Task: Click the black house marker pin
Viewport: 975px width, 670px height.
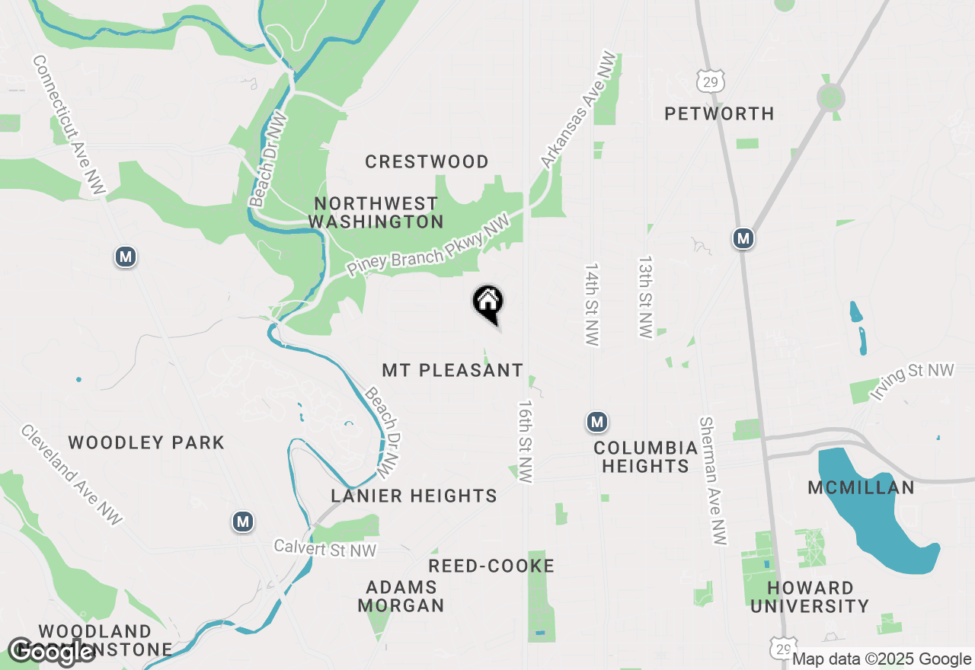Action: click(x=487, y=303)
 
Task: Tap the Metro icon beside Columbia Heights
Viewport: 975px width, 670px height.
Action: click(x=597, y=421)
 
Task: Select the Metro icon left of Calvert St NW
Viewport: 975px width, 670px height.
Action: click(x=243, y=522)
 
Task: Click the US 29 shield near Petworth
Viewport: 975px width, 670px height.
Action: click(x=710, y=81)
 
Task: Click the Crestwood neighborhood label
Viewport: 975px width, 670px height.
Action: click(x=427, y=161)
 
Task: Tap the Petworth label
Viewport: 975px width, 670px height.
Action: click(x=719, y=113)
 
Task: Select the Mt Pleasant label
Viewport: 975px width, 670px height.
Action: click(x=452, y=370)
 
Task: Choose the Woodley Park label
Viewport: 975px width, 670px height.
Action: click(x=146, y=442)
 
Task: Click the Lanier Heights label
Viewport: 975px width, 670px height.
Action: click(x=414, y=496)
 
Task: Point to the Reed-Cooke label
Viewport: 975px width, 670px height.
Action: click(x=491, y=566)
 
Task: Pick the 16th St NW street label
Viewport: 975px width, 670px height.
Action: click(x=526, y=442)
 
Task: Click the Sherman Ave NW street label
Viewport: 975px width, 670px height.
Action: click(x=713, y=480)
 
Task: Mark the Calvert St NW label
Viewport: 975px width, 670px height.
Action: click(x=325, y=548)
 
